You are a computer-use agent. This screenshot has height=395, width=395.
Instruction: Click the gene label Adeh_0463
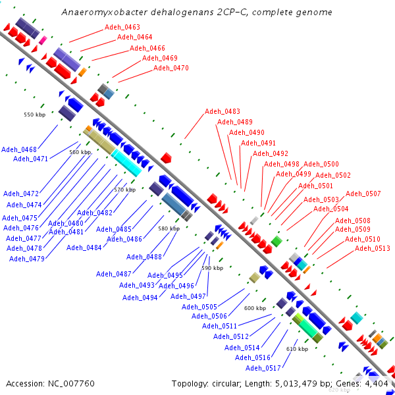(122, 27)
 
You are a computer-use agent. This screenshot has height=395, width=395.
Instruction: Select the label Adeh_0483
(223, 111)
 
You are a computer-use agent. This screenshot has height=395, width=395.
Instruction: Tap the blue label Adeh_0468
(19, 149)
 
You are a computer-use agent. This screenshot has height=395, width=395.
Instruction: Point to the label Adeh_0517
(263, 368)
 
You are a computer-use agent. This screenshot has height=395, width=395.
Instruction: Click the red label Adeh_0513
(373, 249)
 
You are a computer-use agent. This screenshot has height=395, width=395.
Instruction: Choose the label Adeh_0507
(363, 194)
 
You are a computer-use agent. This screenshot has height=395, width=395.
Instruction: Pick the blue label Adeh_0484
(84, 248)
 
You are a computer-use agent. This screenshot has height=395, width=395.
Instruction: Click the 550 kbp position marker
(35, 115)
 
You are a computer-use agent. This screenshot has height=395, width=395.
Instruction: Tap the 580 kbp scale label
(169, 228)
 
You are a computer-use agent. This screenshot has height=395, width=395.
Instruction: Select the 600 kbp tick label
(255, 308)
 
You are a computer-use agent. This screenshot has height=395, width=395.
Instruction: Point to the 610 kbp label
(298, 349)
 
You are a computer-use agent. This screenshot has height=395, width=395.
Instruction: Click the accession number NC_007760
(71, 384)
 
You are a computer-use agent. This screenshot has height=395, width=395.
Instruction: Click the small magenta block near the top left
(43, 40)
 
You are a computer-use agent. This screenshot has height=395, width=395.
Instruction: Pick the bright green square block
(276, 242)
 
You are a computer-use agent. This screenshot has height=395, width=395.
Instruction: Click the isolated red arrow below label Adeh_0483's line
(166, 158)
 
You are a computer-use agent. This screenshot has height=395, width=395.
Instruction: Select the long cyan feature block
(126, 163)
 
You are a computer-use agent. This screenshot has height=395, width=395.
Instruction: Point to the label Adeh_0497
(188, 296)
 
